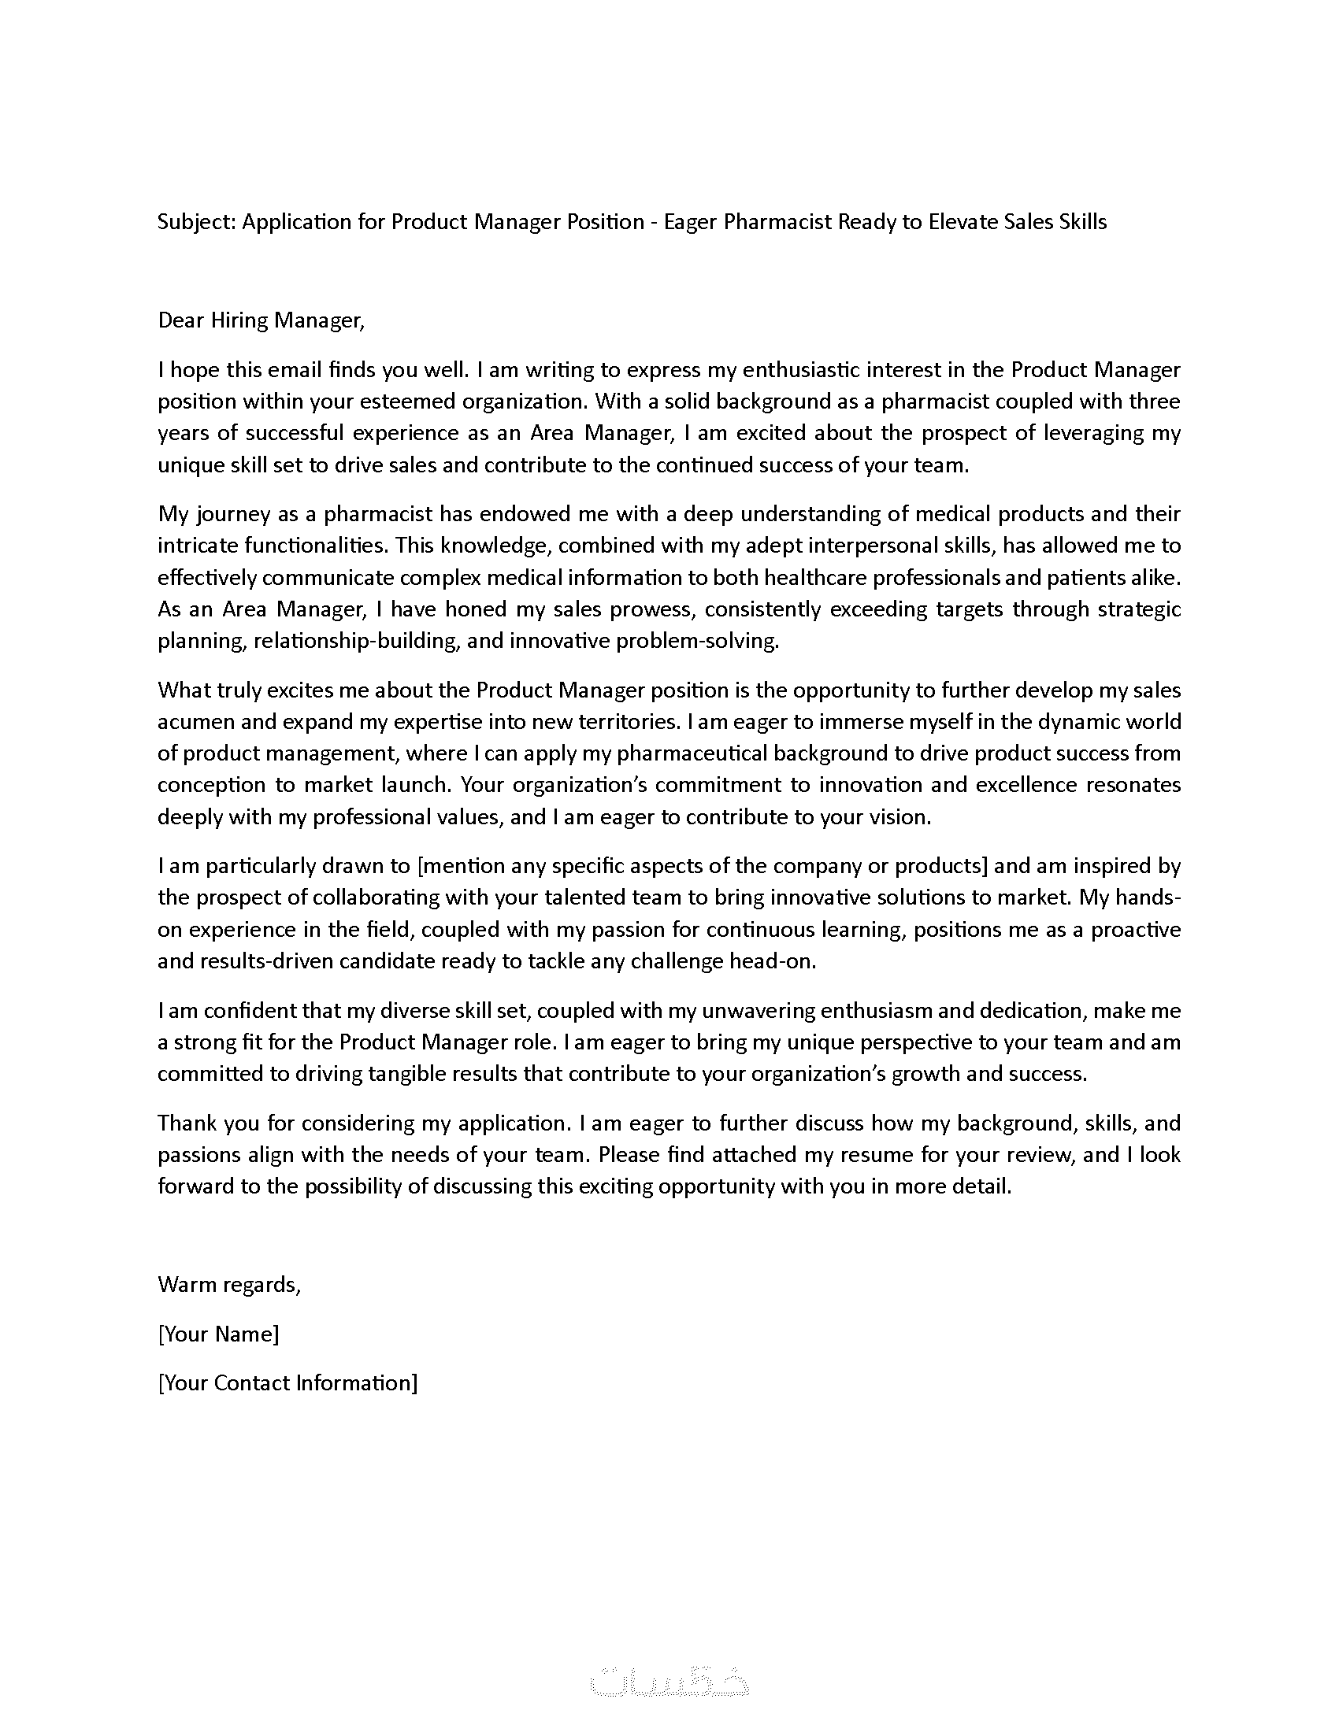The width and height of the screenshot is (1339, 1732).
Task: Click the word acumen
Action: point(195,723)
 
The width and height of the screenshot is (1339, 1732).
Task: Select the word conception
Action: point(210,786)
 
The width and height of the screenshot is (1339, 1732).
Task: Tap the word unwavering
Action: point(745,1011)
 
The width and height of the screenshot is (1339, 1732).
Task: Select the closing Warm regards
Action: point(229,1284)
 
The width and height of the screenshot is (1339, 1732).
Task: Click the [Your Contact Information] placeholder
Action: point(287,1382)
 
